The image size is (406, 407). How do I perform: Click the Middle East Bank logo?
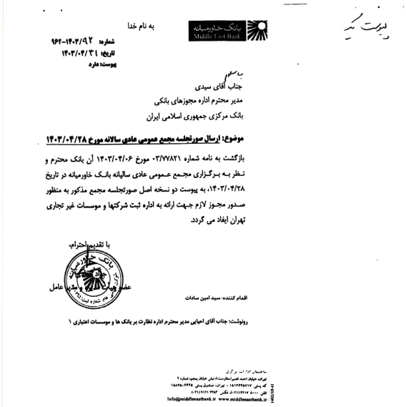pyautogui.click(x=218, y=29)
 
